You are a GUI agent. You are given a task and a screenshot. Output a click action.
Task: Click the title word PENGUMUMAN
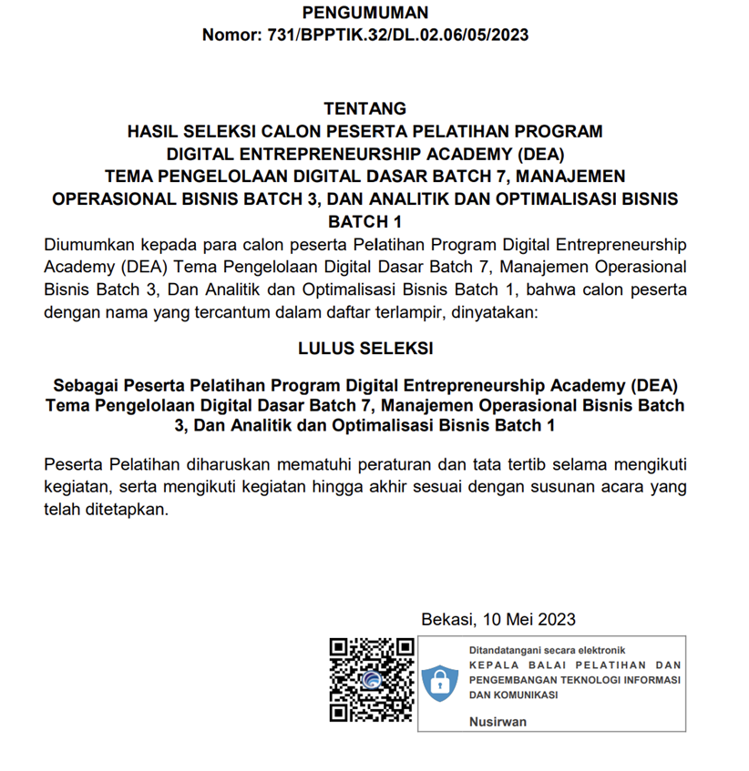pyautogui.click(x=364, y=13)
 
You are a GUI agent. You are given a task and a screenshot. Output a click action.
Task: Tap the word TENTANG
pyautogui.click(x=364, y=109)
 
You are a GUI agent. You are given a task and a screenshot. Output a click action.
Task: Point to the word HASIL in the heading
pyautogui.click(x=152, y=131)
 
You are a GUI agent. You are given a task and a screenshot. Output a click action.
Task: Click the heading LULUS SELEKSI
pyautogui.click(x=364, y=348)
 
